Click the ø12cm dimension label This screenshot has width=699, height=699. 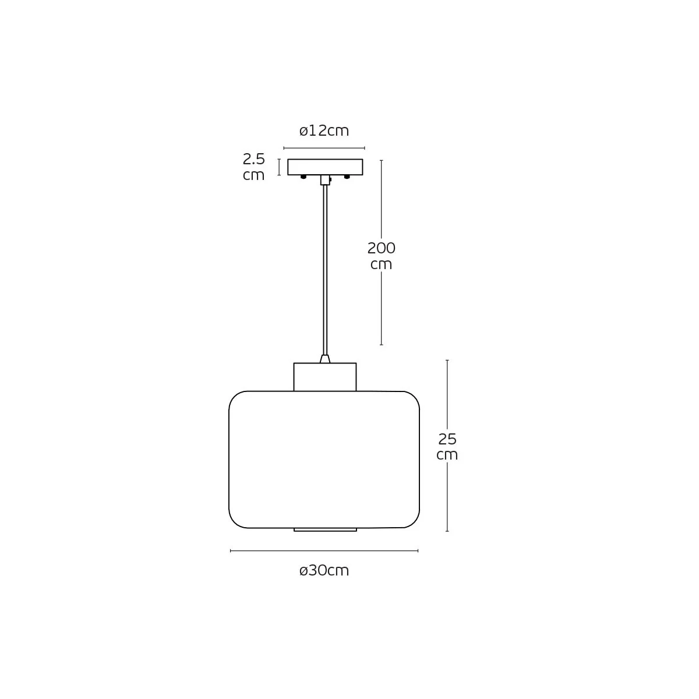pos(324,130)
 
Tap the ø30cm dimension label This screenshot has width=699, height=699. pos(324,571)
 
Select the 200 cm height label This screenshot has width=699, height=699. pos(381,256)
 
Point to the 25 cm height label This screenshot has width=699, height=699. pos(447,447)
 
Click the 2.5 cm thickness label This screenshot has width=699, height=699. pos(253,167)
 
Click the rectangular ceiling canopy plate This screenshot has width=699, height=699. pos(325,167)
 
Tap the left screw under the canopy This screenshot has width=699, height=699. pos(303,177)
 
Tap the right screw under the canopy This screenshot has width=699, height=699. pos(347,177)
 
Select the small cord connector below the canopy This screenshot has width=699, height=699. pos(326,180)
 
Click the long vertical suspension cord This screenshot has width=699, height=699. pos(325,270)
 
